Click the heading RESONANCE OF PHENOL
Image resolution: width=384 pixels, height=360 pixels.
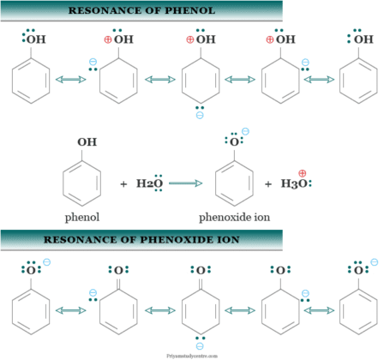(141, 11)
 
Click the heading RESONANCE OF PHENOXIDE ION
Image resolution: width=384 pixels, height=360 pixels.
(141, 240)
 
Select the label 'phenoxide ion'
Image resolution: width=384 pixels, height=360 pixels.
(234, 217)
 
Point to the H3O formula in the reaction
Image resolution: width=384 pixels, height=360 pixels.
(294, 183)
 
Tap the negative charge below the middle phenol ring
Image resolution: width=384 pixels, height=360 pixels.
(199, 114)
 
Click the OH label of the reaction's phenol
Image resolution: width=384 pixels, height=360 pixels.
(87, 142)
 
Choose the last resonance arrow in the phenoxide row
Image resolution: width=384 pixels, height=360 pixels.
(316, 309)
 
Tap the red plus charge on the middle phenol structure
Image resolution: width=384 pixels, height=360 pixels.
(189, 39)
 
